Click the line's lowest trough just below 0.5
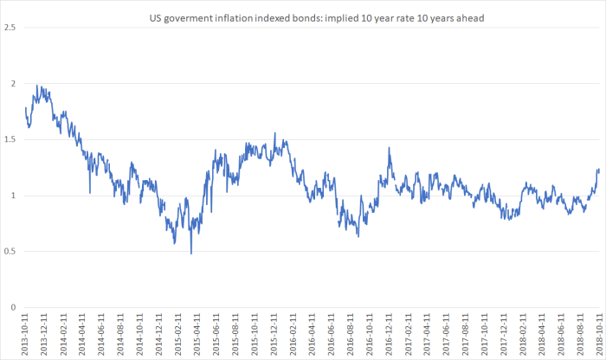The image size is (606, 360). click(x=190, y=253)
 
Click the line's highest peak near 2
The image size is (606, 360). click(x=37, y=85)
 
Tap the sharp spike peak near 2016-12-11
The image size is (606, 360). click(x=389, y=148)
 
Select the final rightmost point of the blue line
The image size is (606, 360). click(x=598, y=170)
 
